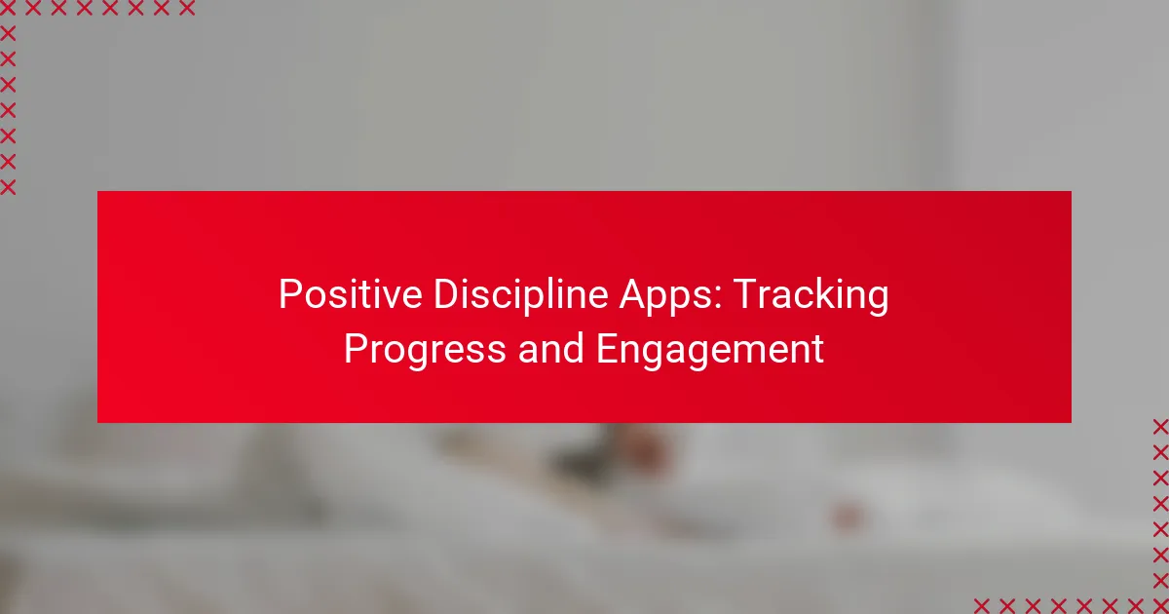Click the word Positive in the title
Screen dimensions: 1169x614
point(350,294)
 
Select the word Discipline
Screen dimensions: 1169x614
point(520,296)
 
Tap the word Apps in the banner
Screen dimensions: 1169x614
point(666,297)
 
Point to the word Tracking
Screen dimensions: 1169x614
point(811,297)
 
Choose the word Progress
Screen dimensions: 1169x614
point(425,351)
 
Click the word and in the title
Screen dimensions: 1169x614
point(550,348)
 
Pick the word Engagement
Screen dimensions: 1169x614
point(710,351)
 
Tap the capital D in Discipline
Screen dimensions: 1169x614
point(448,294)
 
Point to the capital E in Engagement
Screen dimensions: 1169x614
point(608,349)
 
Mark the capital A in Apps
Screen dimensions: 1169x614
point(634,294)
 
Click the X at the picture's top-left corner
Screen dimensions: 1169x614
point(8,8)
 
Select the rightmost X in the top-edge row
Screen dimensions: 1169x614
point(187,8)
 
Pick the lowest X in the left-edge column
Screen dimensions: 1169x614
point(8,187)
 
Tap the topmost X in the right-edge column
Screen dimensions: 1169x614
point(1160,427)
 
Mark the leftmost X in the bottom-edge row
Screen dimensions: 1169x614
point(982,605)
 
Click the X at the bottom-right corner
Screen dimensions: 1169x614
point(1160,605)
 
